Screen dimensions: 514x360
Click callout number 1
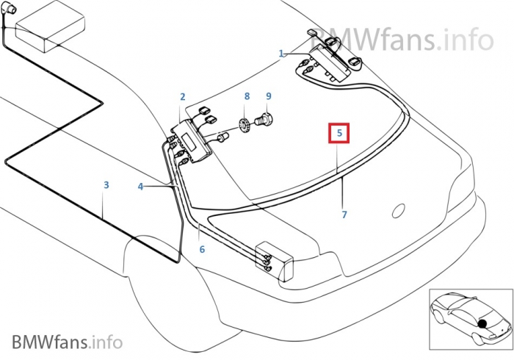click(x=281, y=54)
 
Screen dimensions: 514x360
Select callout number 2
click(x=183, y=97)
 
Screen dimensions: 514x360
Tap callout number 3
click(x=106, y=185)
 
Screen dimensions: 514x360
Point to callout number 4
click(x=140, y=187)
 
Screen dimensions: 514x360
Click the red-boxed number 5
click(x=339, y=133)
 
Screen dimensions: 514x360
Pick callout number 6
click(x=202, y=250)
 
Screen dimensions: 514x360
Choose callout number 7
click(x=344, y=215)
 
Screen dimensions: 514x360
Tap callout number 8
click(x=247, y=96)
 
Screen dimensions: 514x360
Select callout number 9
click(x=269, y=96)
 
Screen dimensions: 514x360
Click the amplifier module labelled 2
click(x=192, y=140)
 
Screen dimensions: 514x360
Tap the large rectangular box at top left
click(x=50, y=27)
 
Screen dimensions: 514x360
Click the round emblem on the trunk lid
click(x=398, y=211)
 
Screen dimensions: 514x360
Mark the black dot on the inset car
click(x=482, y=324)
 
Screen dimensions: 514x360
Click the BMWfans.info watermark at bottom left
click(x=68, y=342)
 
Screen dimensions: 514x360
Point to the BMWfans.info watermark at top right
click(x=402, y=40)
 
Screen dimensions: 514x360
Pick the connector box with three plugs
click(x=275, y=261)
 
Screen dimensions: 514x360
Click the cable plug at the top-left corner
click(x=9, y=9)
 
